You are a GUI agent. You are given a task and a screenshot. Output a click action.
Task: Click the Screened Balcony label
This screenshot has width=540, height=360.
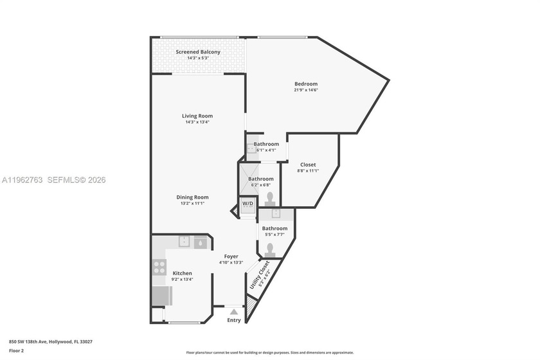(198, 52)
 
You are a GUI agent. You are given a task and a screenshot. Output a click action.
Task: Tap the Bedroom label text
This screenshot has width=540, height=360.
(305, 84)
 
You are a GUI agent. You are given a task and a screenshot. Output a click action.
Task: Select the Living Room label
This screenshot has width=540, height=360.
(197, 116)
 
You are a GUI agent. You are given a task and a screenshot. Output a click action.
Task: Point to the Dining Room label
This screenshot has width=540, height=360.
(192, 197)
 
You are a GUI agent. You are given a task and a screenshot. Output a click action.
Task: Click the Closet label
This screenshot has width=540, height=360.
(308, 165)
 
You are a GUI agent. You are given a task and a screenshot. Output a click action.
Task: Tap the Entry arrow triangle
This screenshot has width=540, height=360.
(233, 311)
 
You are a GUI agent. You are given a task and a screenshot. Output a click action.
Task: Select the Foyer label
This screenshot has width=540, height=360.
(231, 256)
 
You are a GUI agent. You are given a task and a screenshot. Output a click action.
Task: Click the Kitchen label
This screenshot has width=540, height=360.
(182, 273)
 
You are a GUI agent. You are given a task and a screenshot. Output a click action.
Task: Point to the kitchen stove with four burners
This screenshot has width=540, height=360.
(159, 267)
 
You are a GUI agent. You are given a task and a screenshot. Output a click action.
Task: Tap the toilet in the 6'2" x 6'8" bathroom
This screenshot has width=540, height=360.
(270, 197)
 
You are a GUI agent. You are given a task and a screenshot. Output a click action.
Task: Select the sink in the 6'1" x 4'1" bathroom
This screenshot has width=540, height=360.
(251, 148)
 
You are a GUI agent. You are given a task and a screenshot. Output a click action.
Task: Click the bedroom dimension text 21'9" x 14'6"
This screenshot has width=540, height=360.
(306, 90)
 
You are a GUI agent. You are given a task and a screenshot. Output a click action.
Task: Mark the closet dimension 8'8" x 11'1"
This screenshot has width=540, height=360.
(308, 171)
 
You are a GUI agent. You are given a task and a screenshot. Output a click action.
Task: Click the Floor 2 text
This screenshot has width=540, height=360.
(16, 351)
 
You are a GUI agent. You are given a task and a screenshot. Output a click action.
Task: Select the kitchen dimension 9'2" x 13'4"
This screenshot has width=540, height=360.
(182, 279)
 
